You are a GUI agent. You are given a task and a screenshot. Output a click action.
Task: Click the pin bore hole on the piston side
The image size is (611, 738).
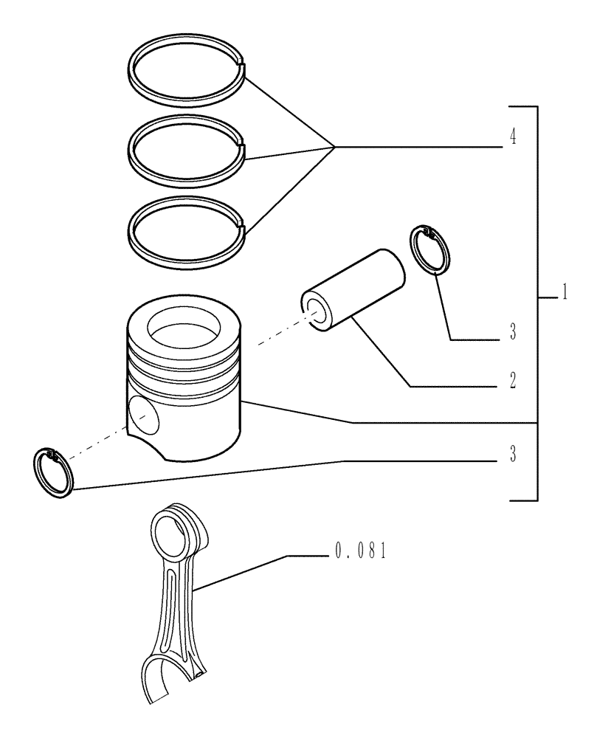pos(143,415)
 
